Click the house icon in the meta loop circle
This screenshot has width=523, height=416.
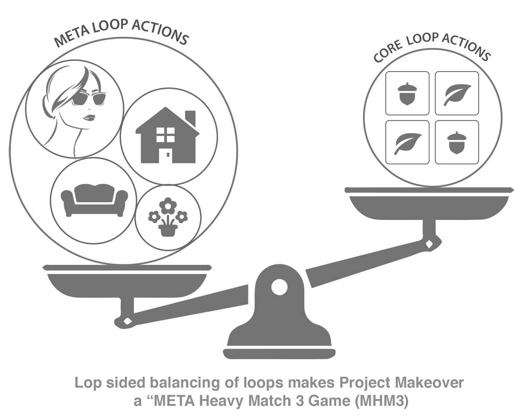[x=167, y=136]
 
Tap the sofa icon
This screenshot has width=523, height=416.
[x=94, y=199]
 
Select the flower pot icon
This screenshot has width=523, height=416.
[x=168, y=217]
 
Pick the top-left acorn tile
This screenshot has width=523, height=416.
[x=407, y=93]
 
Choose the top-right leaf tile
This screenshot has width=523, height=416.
[x=457, y=93]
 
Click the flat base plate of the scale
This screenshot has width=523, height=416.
[x=279, y=353]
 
